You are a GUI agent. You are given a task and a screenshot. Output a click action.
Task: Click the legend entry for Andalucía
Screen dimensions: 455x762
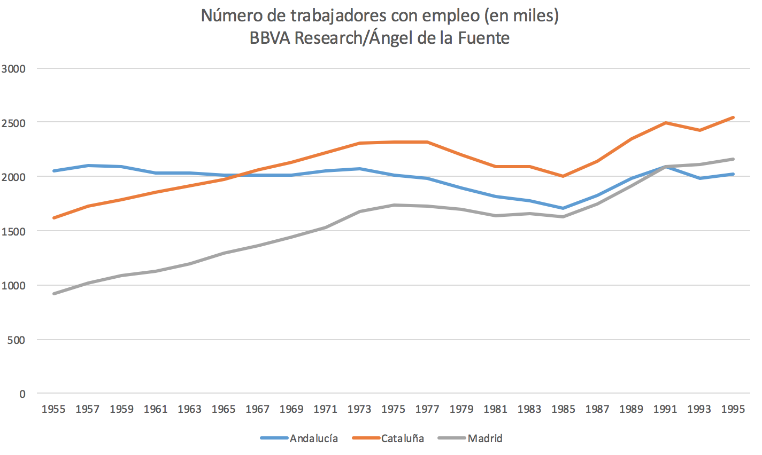point(313,438)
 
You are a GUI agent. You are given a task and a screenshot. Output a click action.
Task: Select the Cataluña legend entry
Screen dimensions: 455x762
point(402,438)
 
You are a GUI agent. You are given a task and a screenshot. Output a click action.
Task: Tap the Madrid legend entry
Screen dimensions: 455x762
point(484,438)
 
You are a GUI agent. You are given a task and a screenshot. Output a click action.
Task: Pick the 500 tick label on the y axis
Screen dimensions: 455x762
point(17,340)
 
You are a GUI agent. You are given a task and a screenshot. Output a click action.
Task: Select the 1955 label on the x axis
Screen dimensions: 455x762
point(53,410)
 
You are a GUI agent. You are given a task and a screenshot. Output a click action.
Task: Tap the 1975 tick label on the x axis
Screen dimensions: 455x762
point(393,410)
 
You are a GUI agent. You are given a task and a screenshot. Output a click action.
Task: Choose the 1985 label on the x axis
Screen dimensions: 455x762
point(563,410)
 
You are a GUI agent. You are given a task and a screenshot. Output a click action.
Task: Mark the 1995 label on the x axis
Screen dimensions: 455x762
point(733,410)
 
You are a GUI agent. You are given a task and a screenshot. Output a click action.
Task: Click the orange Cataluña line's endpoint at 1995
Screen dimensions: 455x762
point(733,117)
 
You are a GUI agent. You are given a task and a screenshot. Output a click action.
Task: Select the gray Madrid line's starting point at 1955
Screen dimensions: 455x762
point(53,294)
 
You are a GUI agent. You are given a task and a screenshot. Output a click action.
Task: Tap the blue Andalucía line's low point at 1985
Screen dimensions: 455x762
point(563,208)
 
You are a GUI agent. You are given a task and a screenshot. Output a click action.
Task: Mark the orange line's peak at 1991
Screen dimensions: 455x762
point(665,123)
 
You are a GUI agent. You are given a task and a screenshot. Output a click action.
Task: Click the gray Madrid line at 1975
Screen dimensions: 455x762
point(393,205)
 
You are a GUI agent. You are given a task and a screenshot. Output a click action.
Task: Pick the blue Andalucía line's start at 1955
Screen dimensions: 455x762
point(53,171)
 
